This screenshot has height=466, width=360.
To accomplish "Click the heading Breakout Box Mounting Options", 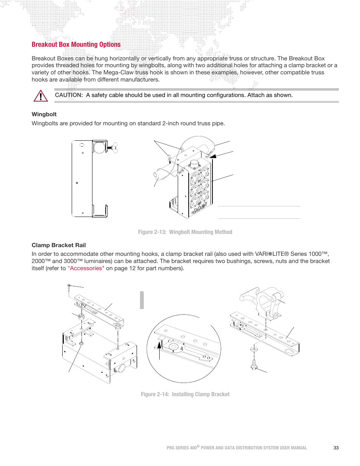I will click(x=76, y=45).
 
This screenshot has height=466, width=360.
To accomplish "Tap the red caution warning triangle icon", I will click(x=40, y=96).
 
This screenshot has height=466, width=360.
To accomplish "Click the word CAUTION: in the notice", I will click(x=69, y=95).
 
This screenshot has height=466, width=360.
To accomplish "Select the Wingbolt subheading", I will click(x=44, y=114).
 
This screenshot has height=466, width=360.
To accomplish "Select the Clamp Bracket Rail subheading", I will click(x=58, y=245).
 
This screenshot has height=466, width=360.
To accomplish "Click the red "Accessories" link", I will click(x=86, y=268).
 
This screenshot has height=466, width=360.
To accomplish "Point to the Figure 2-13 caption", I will click(x=185, y=232).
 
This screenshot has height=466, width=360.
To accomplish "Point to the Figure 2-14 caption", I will click(x=185, y=394).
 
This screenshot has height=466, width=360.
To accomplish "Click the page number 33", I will click(x=336, y=448).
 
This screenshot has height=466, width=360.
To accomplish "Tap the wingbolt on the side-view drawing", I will click(x=112, y=148).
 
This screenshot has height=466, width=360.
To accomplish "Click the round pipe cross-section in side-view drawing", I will click(x=99, y=147).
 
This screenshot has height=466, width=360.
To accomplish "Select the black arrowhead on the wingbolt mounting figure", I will click(x=213, y=156).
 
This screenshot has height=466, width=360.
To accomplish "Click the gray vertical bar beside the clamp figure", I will click(x=142, y=300).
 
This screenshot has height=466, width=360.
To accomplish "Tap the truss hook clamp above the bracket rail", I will click(x=264, y=300).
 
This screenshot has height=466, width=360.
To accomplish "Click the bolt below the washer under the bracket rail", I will click(x=254, y=364).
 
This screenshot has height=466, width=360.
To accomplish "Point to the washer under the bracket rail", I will click(x=254, y=349).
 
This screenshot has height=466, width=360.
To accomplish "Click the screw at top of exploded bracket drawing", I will click(x=69, y=287).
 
